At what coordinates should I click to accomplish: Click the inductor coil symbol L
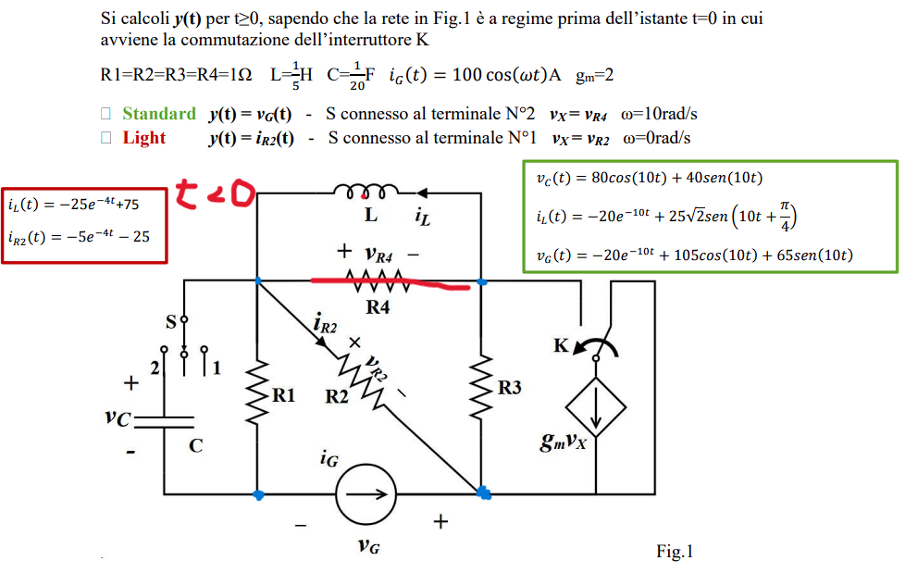366,192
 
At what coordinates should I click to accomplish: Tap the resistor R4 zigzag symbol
378,281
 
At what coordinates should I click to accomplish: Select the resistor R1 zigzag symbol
257,392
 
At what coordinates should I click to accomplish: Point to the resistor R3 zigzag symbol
481,387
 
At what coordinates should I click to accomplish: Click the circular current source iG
366,494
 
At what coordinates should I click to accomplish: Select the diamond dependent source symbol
596,407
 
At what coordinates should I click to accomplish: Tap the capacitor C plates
164,422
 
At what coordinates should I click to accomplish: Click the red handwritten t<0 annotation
215,193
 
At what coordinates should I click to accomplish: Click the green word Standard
159,113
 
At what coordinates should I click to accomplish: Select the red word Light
143,138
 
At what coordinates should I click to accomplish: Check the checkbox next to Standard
105,113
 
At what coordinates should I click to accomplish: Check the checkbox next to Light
105,138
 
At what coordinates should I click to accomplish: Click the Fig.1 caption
675,551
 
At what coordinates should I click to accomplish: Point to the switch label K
561,345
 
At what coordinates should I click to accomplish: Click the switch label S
171,322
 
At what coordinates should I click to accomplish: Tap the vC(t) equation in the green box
650,178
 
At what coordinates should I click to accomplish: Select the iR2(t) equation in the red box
79,237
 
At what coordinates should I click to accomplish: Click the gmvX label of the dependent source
564,442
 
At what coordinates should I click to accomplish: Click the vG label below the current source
369,545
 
